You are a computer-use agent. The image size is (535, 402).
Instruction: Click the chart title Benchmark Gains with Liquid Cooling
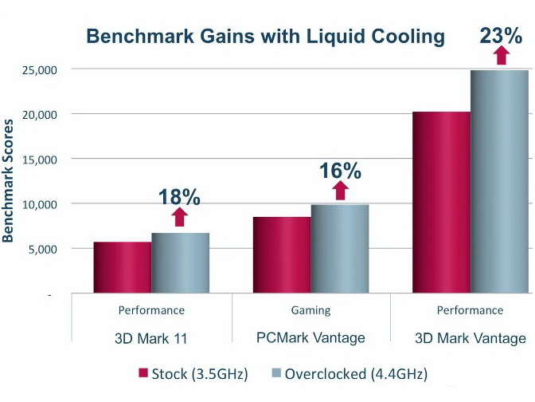point(265,36)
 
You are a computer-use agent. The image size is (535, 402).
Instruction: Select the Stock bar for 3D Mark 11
point(123,267)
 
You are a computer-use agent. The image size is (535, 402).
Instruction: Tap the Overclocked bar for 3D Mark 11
point(181,263)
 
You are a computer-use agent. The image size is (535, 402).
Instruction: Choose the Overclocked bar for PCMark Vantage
point(340,250)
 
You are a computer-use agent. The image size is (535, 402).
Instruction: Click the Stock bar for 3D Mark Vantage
point(442,203)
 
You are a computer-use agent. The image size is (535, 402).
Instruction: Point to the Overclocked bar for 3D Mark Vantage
point(500,182)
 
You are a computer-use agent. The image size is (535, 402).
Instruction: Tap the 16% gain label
point(340,171)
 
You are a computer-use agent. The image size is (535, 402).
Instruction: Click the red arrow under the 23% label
point(500,55)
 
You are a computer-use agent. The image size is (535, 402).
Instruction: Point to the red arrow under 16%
point(340,190)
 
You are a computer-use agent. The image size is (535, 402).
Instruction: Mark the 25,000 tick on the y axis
point(36,69)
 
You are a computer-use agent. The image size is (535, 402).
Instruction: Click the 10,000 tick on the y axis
point(36,204)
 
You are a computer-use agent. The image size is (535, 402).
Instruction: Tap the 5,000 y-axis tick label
point(39,250)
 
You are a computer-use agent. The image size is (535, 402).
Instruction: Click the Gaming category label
point(311,310)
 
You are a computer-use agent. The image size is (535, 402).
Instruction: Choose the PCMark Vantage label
point(311,338)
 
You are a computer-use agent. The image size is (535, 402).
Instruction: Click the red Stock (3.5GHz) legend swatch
point(145,373)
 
